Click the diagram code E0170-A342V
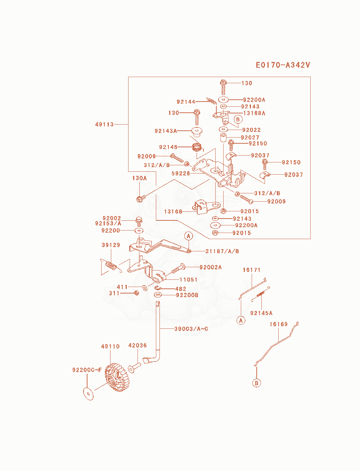(x=283, y=65)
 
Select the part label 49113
(x=104, y=125)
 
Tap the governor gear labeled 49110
(x=116, y=377)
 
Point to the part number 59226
(x=181, y=173)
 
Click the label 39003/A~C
(x=191, y=329)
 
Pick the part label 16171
(x=251, y=270)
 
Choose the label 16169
(x=279, y=324)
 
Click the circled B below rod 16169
(x=257, y=383)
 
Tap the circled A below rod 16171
(x=241, y=320)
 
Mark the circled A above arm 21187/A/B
(x=188, y=236)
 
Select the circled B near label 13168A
(x=238, y=120)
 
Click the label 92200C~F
(x=87, y=370)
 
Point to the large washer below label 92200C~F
(x=88, y=394)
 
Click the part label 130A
(x=139, y=178)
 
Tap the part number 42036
(x=137, y=345)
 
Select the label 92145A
(x=261, y=313)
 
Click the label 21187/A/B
(x=222, y=251)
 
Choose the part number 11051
(x=188, y=279)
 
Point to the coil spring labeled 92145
(x=197, y=147)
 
